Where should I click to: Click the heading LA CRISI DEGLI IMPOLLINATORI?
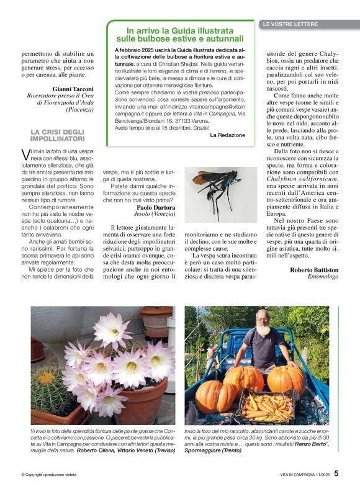[x=58, y=135]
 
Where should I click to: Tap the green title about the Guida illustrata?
[x=180, y=34]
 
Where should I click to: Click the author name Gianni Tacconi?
[x=73, y=89]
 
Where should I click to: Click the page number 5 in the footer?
[x=336, y=473]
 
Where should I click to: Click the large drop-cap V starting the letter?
[x=25, y=154]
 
